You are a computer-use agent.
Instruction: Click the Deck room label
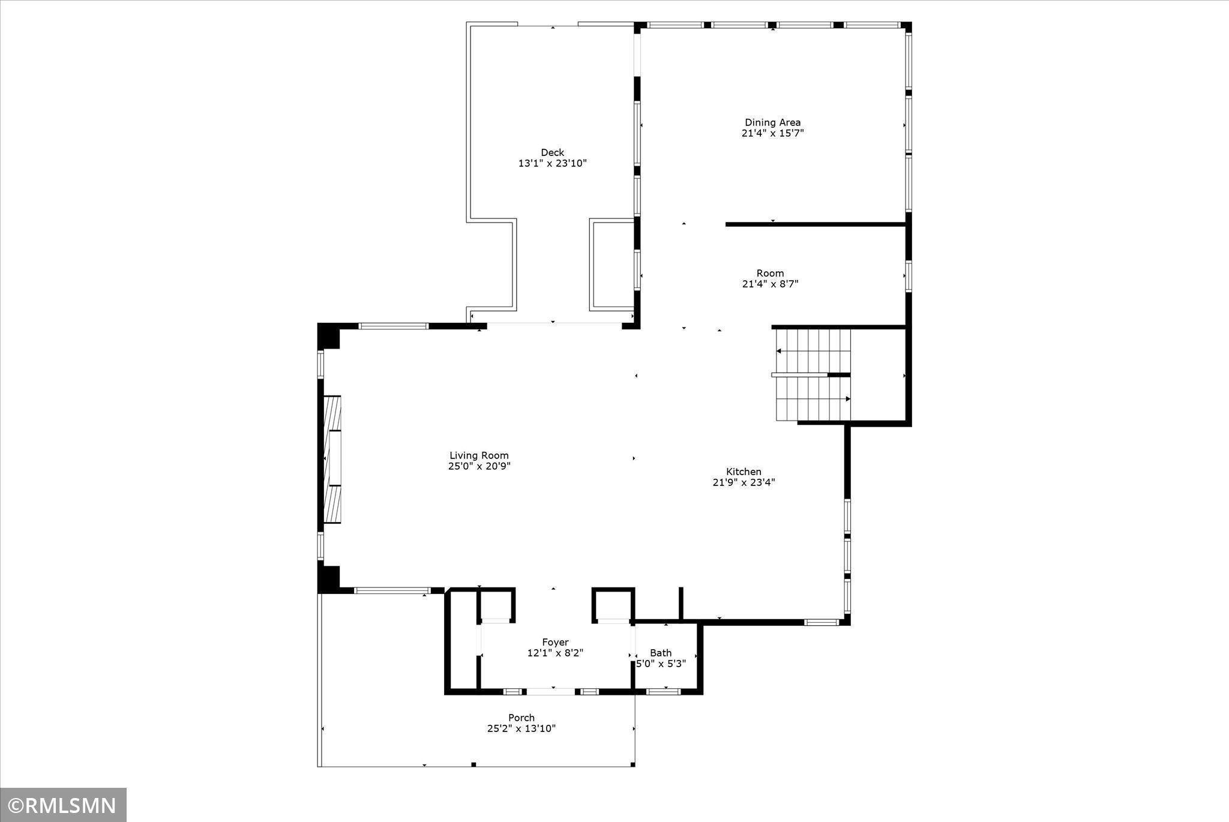pos(552,152)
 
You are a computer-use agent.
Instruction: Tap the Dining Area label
pos(772,122)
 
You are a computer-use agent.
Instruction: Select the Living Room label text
pos(479,455)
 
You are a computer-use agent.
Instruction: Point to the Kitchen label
pos(744,472)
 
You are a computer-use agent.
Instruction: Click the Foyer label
pos(555,642)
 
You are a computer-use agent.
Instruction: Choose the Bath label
pos(661,653)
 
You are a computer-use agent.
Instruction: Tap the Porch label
pos(521,718)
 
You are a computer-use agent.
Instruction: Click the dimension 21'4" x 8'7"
pos(770,284)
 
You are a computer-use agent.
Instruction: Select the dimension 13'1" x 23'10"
pos(552,163)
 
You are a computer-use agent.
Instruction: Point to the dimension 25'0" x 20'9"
pos(479,466)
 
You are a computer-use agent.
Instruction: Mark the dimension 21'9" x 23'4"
pos(744,482)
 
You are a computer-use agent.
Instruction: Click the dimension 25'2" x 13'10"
pos(521,728)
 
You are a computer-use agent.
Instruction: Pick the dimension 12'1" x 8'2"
pos(555,653)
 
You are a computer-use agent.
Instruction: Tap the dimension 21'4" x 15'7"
pos(772,133)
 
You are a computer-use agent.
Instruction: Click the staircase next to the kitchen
pos(813,375)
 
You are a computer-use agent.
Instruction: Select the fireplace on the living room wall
pos(332,459)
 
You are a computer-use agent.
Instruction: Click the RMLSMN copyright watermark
pos(63,805)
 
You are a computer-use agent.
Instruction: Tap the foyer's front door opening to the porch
pos(550,692)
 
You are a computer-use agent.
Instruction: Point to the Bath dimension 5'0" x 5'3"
pos(661,664)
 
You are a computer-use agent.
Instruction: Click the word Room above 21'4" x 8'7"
pos(770,273)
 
